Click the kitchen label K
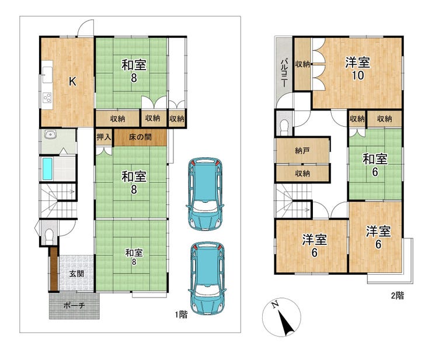tap(72, 82)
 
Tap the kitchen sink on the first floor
tap(47, 74)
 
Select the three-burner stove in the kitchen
tap(47, 97)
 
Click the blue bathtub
tap(47, 168)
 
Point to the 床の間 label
tap(140, 137)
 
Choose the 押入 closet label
tap(104, 137)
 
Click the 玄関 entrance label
tap(76, 274)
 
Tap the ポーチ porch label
tap(74, 306)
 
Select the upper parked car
tap(205, 194)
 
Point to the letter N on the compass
tap(275, 304)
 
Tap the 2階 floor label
tap(398, 296)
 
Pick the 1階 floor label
tap(182, 314)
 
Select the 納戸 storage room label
tap(302, 151)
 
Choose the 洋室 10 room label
tap(358, 69)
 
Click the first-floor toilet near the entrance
tap(49, 237)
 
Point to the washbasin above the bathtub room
tap(50, 135)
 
